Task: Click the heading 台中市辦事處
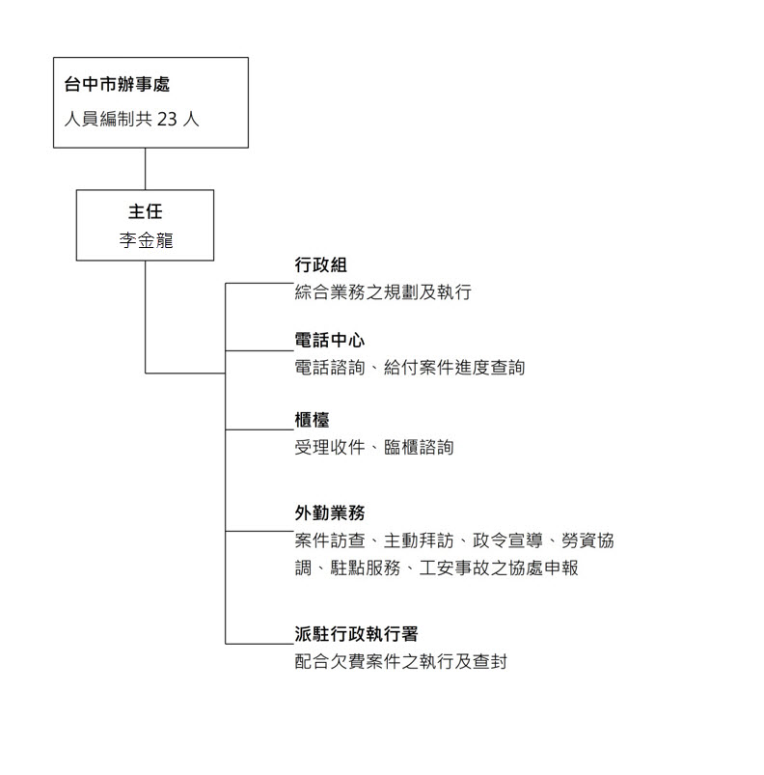click(x=117, y=85)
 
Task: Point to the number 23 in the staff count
click(x=167, y=119)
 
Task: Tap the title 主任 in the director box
click(x=146, y=211)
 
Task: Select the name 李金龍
click(x=146, y=240)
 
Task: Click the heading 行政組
click(x=320, y=264)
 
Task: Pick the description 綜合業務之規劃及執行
click(x=383, y=292)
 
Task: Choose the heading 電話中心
click(x=329, y=340)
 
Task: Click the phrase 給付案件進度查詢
click(x=453, y=368)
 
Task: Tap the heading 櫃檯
click(x=312, y=420)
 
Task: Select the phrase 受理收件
click(x=329, y=447)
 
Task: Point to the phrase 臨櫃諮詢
click(x=419, y=447)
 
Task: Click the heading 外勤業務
click(x=329, y=513)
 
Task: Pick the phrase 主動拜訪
click(x=419, y=540)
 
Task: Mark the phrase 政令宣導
click(x=507, y=540)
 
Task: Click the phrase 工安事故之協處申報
click(x=499, y=567)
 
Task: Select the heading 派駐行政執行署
click(x=356, y=634)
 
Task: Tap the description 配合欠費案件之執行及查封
click(x=400, y=661)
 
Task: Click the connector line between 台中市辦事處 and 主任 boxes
click(x=146, y=169)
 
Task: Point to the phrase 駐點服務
click(x=365, y=567)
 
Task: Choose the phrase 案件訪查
click(x=329, y=540)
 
